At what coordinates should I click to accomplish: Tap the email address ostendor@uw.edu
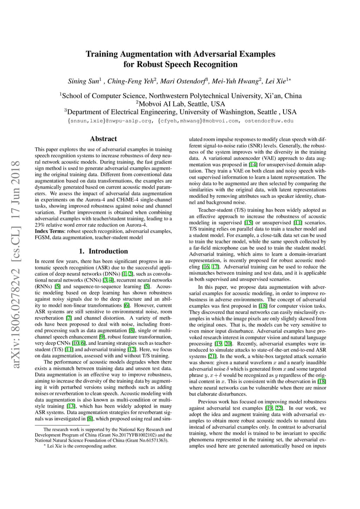click(270, 121)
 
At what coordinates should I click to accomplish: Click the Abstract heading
click(103, 139)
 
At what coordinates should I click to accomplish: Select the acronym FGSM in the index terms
click(43, 237)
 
